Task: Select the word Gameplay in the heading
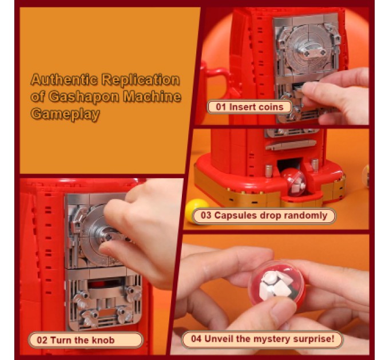tap(65, 114)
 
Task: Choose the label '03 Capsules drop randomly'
tap(264, 215)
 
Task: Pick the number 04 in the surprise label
tap(196, 339)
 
